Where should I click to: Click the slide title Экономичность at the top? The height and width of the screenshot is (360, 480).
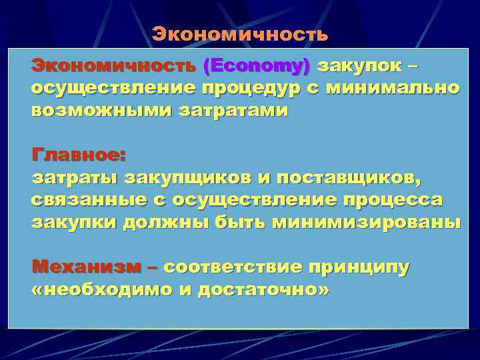239,34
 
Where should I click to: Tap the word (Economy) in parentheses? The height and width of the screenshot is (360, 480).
257,66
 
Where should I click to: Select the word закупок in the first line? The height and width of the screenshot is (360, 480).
359,66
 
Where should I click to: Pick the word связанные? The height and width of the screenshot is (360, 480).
86,201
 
